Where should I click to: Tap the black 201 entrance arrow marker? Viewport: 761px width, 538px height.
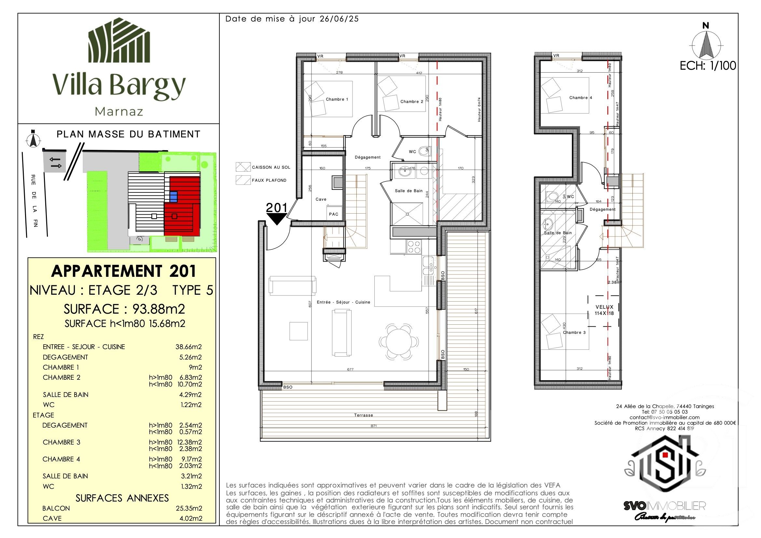276,219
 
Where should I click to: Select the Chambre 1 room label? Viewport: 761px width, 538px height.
337,99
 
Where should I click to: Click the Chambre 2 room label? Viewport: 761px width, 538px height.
412,102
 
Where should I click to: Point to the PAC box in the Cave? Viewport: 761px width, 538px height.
333,214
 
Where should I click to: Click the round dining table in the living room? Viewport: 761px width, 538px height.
399,342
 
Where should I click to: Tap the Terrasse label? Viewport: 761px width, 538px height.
363,415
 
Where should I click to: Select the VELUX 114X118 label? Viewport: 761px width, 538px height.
604,310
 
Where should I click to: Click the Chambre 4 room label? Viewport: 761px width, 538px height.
580,97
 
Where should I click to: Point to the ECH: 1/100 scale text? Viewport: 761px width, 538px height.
708,66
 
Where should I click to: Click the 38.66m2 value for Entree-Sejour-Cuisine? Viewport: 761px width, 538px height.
188,347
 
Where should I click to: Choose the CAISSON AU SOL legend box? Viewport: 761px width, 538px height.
243,167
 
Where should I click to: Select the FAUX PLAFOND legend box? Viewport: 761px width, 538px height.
243,180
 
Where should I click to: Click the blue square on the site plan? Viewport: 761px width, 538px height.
173,197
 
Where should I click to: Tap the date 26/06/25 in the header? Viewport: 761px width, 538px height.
339,19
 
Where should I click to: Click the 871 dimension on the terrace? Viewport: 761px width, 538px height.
374,426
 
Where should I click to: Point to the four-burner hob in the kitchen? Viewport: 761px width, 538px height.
414,247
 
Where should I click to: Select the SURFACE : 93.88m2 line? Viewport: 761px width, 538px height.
124,309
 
